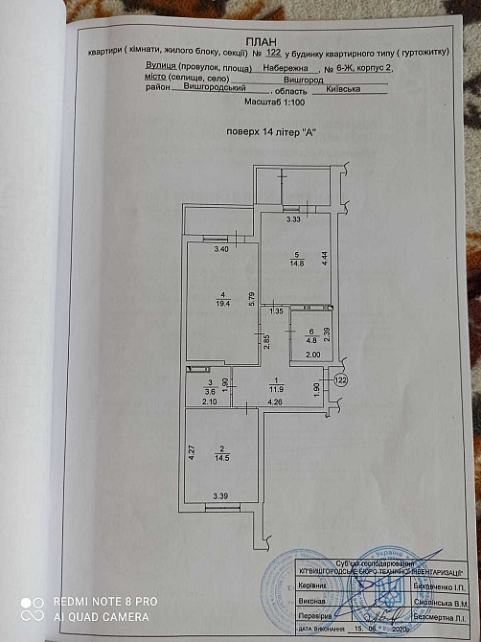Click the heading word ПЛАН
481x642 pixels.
pos(258,41)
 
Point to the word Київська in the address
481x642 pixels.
pos(342,88)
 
